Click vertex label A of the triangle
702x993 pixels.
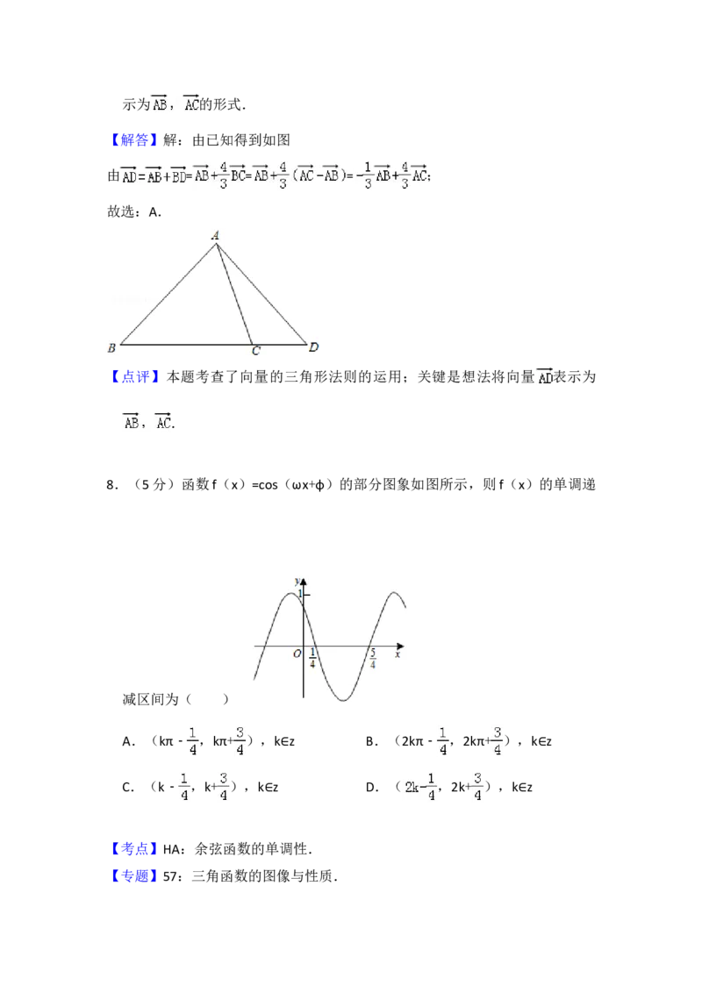coord(215,235)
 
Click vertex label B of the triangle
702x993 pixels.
coord(111,349)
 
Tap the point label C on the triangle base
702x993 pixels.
coord(255,352)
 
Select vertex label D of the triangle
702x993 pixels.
coord(313,348)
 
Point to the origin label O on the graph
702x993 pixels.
coord(297,654)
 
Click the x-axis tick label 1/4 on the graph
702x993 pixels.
coord(313,660)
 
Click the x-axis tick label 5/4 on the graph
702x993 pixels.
coord(373,660)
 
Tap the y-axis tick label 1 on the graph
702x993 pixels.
coord(298,595)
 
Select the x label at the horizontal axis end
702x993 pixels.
coord(398,654)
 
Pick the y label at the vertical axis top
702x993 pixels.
coord(297,580)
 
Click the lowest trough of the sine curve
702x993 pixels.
coord(345,700)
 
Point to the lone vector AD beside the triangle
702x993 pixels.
coord(544,377)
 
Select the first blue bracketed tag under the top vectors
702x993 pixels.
coord(136,140)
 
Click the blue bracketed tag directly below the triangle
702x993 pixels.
coord(136,377)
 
